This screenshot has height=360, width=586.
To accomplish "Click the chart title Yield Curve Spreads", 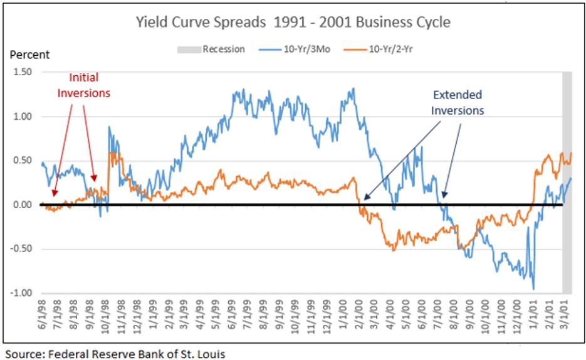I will click(293, 23).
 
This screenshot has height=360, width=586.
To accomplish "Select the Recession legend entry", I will click(223, 49).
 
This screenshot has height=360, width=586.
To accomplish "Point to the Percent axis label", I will click(29, 55).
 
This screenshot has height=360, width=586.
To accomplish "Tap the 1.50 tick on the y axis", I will click(22, 72).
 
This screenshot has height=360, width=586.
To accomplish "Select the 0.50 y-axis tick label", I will click(22, 161).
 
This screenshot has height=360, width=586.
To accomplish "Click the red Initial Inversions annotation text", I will click(83, 85).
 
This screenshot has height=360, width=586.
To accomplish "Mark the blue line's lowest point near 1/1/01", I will click(534, 289).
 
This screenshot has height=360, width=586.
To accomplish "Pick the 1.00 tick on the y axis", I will click(22, 117).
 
